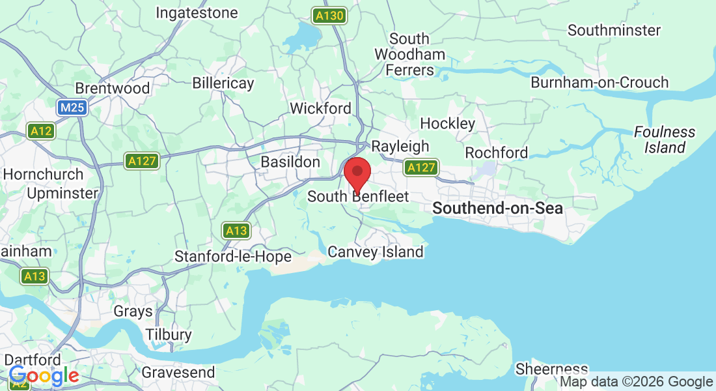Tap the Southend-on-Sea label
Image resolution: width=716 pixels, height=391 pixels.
click(497, 209)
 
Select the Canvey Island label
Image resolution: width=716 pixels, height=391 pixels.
click(376, 252)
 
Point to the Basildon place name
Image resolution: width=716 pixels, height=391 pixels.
click(290, 162)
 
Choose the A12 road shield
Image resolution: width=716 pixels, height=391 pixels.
click(41, 131)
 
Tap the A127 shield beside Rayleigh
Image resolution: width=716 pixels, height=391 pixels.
click(420, 168)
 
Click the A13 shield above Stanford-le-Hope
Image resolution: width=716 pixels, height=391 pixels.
click(236, 230)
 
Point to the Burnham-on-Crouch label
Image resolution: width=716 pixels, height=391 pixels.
click(599, 83)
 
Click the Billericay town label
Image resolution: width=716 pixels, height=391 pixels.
click(223, 83)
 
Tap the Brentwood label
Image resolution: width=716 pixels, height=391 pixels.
click(113, 88)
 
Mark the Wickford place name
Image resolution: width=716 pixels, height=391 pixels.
click(320, 108)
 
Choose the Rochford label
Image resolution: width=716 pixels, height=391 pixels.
click(496, 152)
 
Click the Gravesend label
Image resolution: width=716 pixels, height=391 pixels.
click(178, 373)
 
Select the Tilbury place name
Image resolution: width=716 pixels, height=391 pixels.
click(169, 335)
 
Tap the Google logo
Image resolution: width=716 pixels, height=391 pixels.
click(44, 376)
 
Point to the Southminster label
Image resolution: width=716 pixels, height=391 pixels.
click(614, 30)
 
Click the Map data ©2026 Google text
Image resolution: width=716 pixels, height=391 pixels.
click(636, 382)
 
